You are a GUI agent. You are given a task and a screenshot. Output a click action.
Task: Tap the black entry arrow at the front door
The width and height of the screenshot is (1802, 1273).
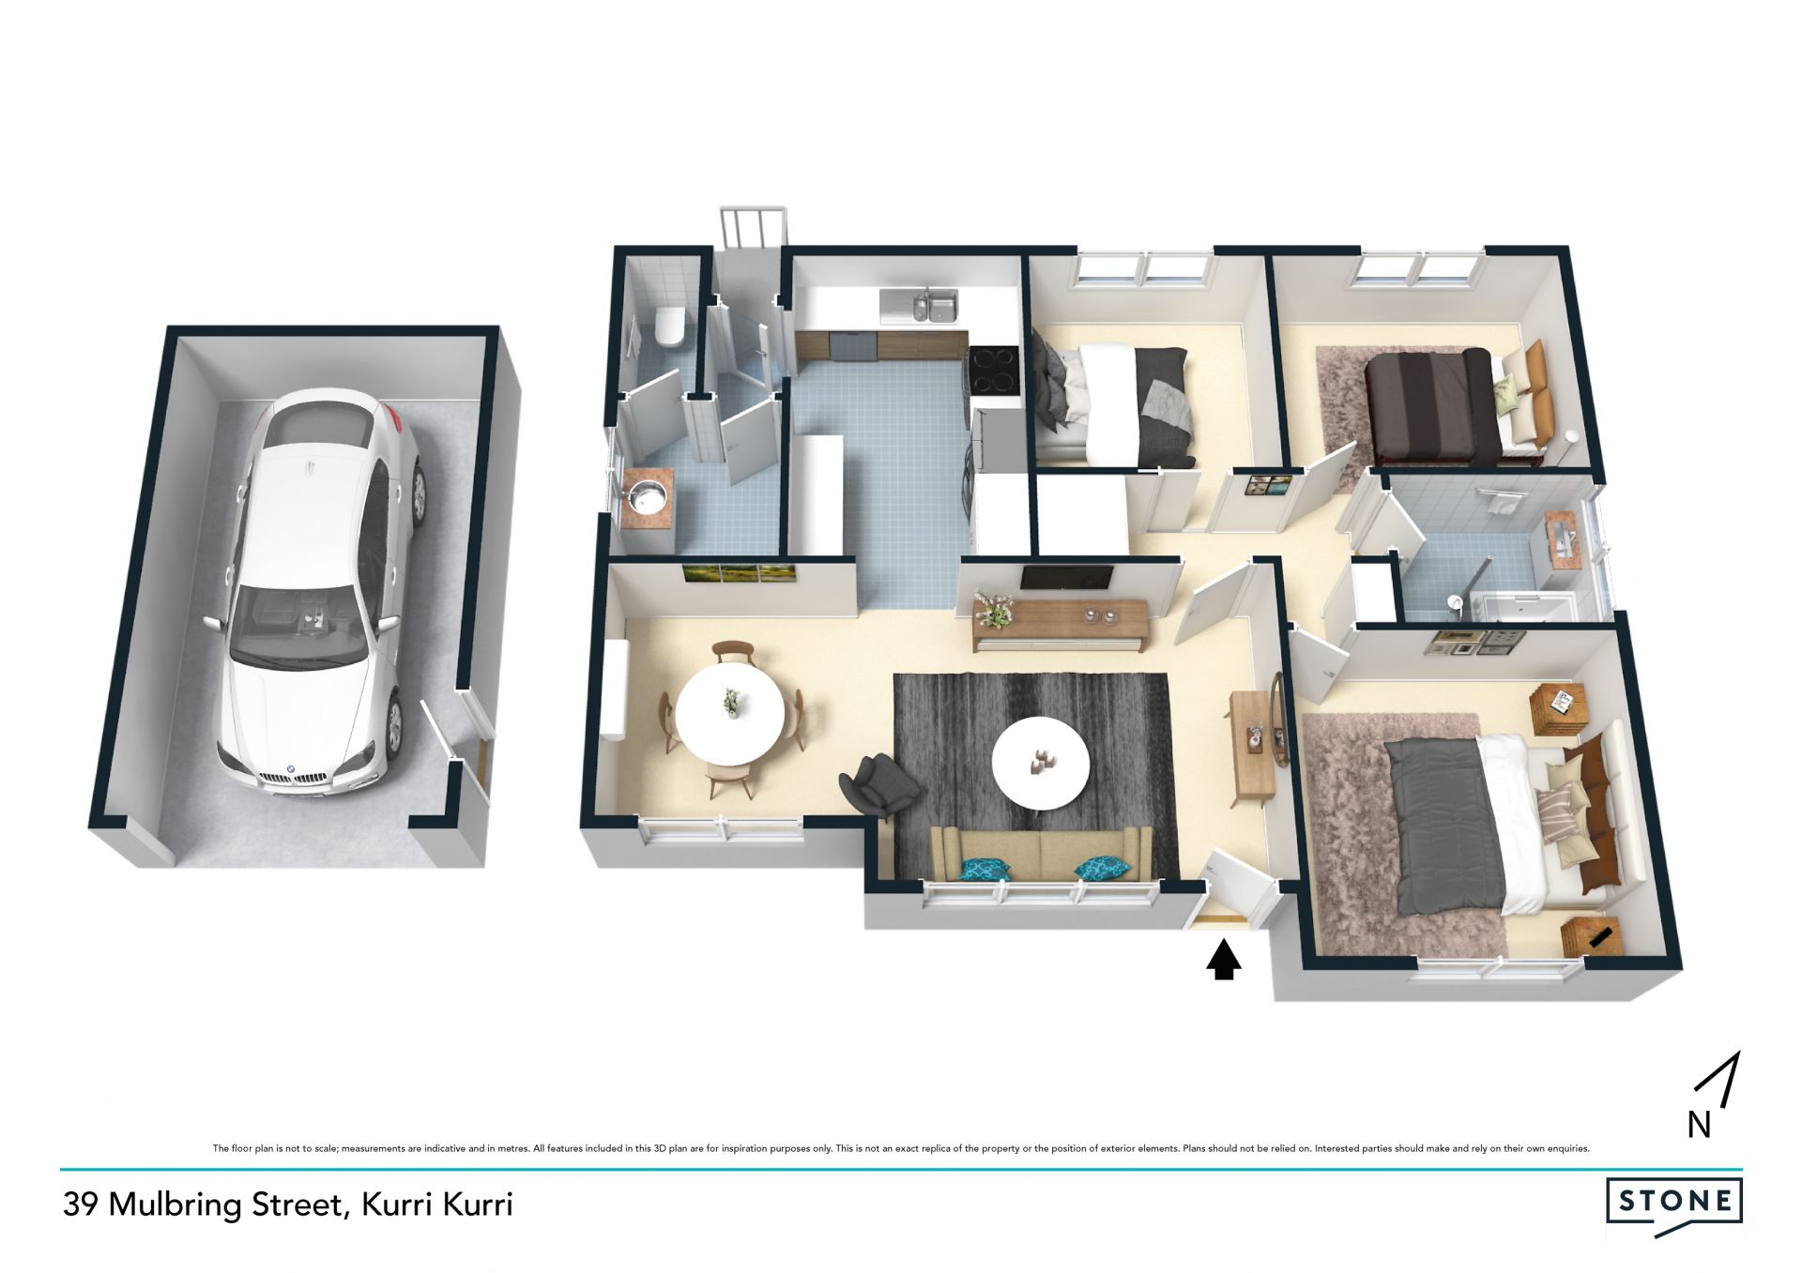coord(1222,961)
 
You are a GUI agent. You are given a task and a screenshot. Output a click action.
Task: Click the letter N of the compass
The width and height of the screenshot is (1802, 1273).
coord(1699,1125)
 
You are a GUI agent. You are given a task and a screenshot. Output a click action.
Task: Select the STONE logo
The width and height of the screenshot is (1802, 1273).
coord(1674,1202)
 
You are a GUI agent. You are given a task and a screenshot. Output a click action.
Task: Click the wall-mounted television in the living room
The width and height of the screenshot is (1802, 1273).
coord(1066,578)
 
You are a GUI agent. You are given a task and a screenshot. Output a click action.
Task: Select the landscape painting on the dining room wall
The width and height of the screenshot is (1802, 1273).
coord(741,573)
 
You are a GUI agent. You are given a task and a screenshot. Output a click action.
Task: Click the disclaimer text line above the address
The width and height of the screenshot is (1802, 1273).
coord(901,1148)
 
